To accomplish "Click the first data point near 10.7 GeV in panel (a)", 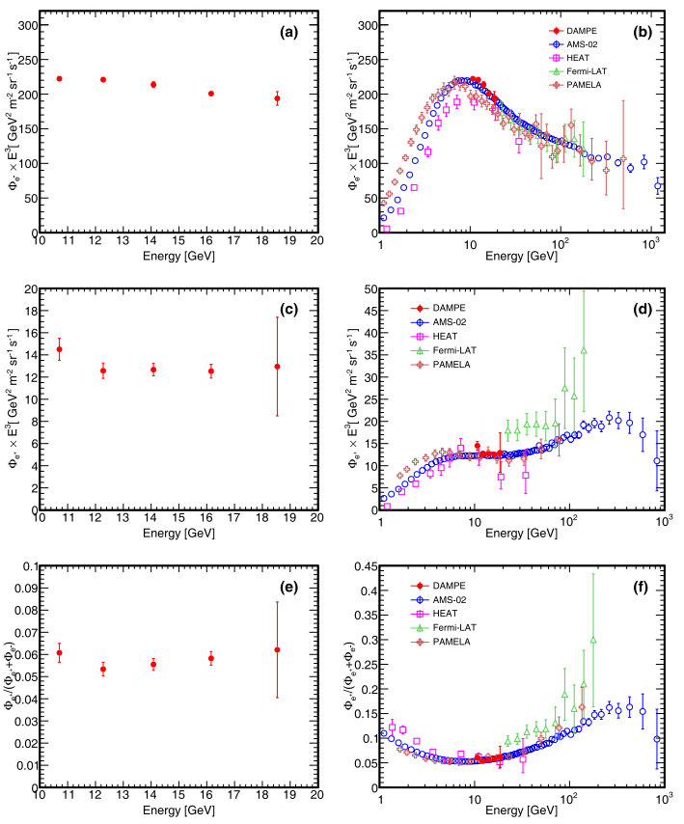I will [x=59, y=78].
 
